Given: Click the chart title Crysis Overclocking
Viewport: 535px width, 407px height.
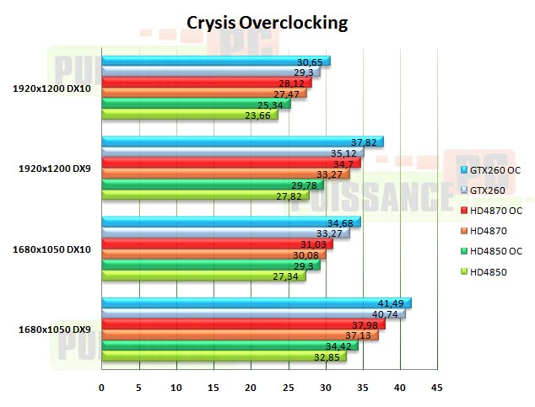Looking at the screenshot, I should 267,23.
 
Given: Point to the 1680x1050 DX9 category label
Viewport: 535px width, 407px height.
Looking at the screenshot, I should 52,329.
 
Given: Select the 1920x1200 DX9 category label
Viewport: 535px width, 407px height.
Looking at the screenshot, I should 52,168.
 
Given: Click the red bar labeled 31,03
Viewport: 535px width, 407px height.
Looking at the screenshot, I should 215,244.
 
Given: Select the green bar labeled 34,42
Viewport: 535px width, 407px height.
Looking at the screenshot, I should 228,345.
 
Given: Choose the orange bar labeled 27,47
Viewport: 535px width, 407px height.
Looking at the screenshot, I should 203,94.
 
